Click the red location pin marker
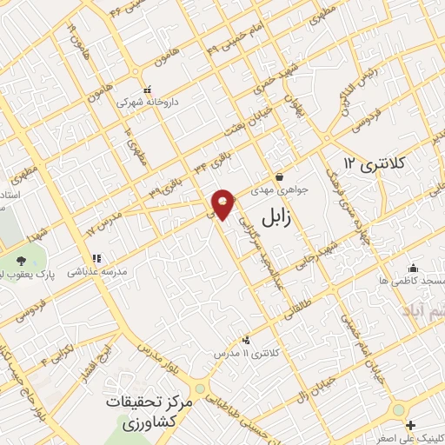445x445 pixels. coord(224,204)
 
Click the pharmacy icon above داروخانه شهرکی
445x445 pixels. coord(148,89)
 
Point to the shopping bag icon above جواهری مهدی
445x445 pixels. coord(278,176)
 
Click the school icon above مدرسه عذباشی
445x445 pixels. coord(96,258)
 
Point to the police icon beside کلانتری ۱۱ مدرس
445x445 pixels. coord(248,340)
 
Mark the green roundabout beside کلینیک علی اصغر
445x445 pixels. coord(399,408)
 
